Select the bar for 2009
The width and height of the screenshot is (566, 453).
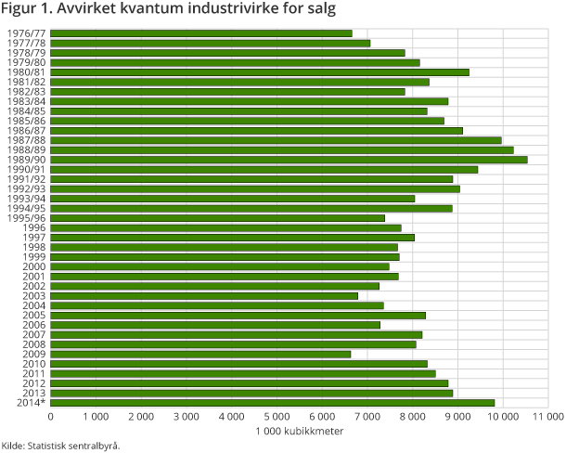coord(201,354)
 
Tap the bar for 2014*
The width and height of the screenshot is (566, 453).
coord(273,403)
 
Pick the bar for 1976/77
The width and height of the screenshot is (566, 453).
coord(202,33)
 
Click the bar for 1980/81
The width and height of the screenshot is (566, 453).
coord(261,72)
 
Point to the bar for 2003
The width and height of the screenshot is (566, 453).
coord(205,296)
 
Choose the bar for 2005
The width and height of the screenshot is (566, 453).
coord(238,316)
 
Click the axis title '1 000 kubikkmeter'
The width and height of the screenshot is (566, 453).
coord(300,433)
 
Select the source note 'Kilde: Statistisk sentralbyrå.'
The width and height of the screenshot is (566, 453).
coord(61,446)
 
